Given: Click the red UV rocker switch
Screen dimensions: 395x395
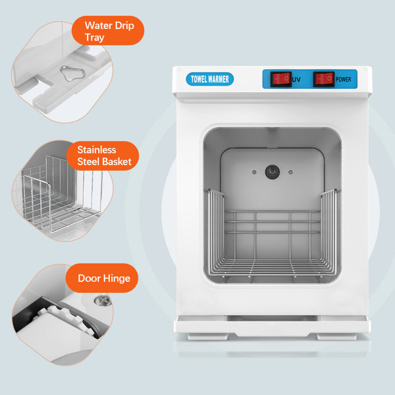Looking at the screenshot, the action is click(x=281, y=79).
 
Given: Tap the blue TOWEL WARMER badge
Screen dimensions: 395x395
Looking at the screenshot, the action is click(x=210, y=79).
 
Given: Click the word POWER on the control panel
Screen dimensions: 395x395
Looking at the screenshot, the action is click(x=344, y=80).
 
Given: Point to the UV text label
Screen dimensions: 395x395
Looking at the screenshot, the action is click(x=296, y=80).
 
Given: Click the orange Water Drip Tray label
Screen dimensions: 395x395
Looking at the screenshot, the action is click(x=108, y=31).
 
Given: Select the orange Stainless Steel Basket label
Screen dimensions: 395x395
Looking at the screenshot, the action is click(x=103, y=155).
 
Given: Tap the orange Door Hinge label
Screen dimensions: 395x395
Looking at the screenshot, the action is click(x=102, y=278).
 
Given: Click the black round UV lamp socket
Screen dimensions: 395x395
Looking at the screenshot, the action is click(x=273, y=172).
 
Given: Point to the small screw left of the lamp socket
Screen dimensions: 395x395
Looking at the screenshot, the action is click(x=254, y=172).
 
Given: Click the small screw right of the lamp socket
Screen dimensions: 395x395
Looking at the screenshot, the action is click(x=290, y=172).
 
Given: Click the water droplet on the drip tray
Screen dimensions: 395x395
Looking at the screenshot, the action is click(x=72, y=73).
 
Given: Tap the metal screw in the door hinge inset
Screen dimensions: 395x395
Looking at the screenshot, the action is click(x=103, y=300).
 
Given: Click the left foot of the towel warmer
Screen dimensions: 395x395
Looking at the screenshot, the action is click(x=208, y=336).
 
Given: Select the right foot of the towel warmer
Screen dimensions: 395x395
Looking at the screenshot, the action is click(x=337, y=336).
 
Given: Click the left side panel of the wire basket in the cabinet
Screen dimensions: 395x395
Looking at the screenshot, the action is click(x=216, y=232).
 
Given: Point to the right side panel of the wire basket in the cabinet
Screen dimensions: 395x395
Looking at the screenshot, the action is click(x=329, y=232).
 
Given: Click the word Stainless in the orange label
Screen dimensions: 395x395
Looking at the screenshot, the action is click(x=97, y=149).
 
